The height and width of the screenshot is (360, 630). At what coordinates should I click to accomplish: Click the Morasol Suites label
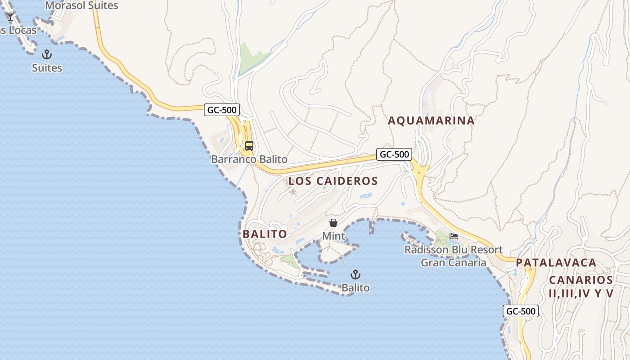(81, 5)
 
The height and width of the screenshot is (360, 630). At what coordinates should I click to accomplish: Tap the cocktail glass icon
(10, 17)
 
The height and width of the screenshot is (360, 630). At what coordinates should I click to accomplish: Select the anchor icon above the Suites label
(47, 55)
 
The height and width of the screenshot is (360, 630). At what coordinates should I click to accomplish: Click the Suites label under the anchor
(47, 68)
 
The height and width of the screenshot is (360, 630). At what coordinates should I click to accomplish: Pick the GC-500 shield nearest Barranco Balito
(222, 110)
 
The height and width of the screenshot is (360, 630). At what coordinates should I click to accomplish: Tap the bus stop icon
(249, 146)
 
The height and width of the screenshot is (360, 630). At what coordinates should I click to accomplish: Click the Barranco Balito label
(249, 159)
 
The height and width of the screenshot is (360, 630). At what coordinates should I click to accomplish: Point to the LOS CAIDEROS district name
(333, 181)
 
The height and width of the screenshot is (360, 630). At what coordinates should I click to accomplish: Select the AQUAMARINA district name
(431, 121)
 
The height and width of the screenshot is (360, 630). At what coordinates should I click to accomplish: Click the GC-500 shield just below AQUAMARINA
(394, 154)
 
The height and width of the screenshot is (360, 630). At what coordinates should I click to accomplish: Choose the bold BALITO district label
(265, 234)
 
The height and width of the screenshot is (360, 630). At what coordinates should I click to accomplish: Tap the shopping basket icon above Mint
(333, 223)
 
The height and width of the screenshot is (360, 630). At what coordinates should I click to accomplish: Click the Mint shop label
(333, 236)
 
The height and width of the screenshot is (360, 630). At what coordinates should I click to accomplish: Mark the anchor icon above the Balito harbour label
(355, 274)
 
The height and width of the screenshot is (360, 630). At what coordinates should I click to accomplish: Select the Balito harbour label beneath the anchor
(355, 288)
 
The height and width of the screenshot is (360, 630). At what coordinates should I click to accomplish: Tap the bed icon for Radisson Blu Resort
(454, 236)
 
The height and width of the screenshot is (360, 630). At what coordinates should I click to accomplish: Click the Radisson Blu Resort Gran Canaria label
(454, 256)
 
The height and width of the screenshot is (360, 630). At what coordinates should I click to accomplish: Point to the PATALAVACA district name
(556, 262)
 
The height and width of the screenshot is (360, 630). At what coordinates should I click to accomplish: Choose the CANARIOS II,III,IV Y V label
(581, 287)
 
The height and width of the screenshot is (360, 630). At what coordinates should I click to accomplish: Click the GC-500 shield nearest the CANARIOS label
(520, 311)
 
